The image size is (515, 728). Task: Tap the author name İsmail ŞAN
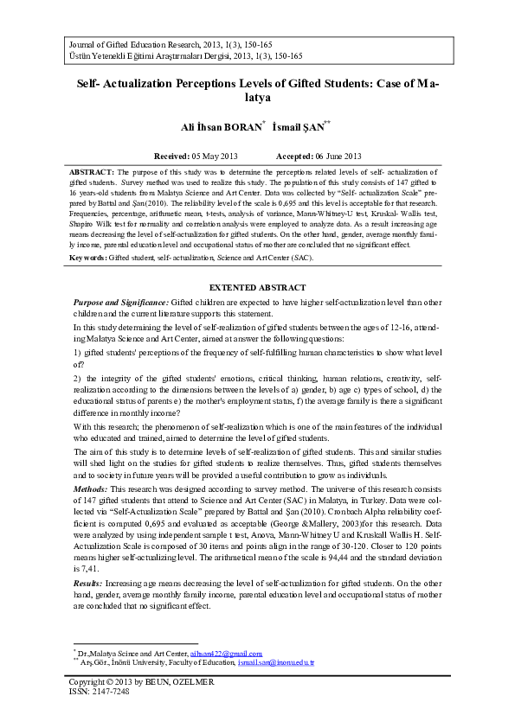pos(296,127)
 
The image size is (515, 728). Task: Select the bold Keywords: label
pos(88,258)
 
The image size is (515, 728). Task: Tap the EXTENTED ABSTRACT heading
pos(258,287)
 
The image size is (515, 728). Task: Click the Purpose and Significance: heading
pos(120,302)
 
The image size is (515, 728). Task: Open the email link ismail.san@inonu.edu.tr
pos(274,663)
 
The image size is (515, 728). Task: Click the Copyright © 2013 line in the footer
pos(141,681)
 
